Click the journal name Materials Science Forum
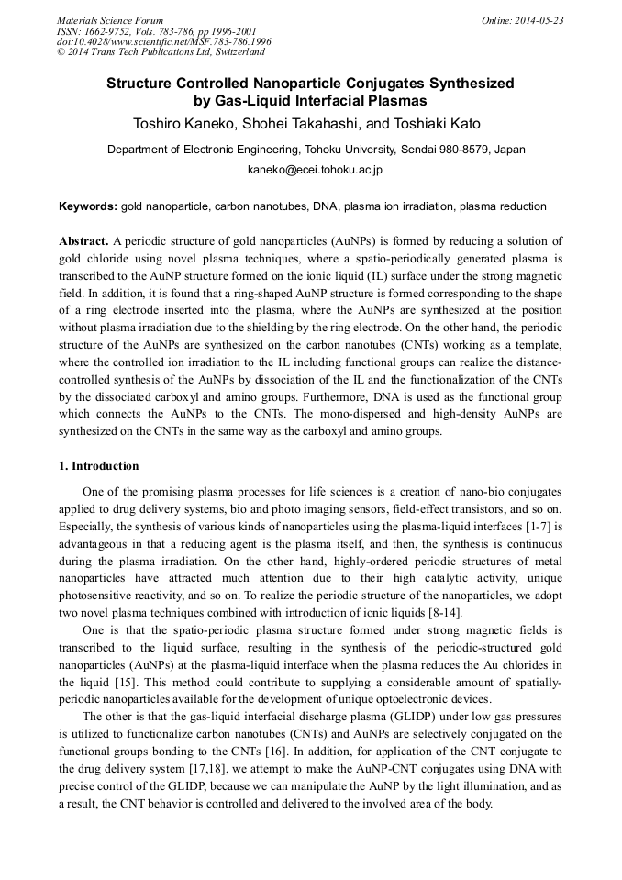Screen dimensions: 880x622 pyautogui.click(x=110, y=20)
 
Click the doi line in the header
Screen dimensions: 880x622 pyautogui.click(x=163, y=42)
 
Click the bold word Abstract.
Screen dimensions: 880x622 pyautogui.click(x=83, y=241)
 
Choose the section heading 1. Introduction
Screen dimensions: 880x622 pyautogui.click(x=99, y=466)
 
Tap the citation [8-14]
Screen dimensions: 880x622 pyautogui.click(x=443, y=613)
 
